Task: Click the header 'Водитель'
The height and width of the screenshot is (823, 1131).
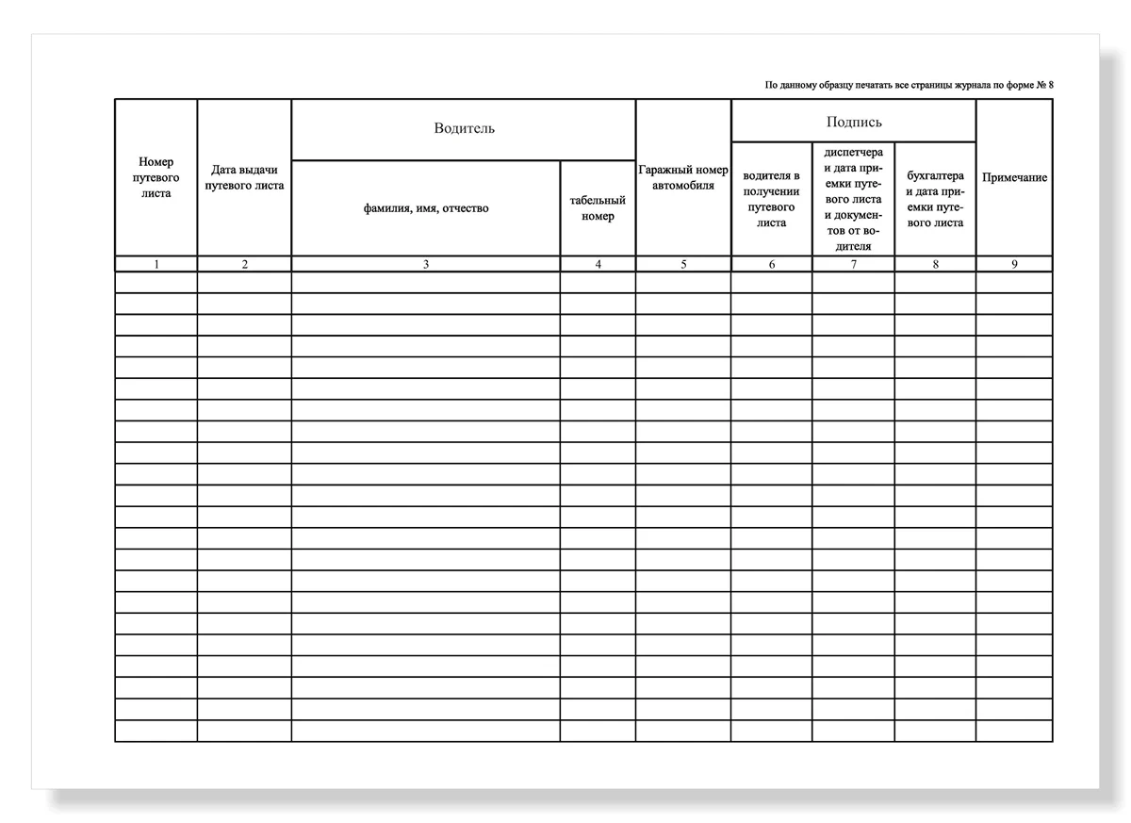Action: (464, 128)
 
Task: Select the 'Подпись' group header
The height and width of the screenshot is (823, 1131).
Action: (854, 122)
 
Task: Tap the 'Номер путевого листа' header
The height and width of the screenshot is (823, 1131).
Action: (156, 177)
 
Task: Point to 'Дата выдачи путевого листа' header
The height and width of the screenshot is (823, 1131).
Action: (244, 177)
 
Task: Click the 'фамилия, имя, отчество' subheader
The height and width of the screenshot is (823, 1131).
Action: (426, 208)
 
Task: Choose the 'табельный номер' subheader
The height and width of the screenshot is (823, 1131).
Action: (598, 208)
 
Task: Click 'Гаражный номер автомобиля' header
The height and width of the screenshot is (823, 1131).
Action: (683, 177)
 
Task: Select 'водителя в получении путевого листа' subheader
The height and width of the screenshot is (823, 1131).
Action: (771, 199)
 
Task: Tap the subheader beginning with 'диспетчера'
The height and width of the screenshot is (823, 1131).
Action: (853, 199)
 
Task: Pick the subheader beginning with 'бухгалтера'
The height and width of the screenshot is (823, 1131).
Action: (935, 199)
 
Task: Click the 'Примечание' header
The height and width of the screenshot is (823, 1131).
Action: (1014, 177)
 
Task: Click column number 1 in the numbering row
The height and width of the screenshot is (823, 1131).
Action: (156, 265)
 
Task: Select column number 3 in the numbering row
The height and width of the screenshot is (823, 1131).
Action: (426, 265)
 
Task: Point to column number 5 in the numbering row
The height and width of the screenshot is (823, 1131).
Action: (683, 265)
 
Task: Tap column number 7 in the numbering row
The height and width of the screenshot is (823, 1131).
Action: (853, 265)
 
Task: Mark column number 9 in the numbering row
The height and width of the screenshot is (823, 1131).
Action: (1014, 265)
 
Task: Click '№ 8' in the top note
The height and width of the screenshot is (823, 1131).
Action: (1044, 86)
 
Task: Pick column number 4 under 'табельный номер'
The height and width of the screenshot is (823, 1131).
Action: (598, 265)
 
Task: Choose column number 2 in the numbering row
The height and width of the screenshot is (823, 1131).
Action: (244, 265)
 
